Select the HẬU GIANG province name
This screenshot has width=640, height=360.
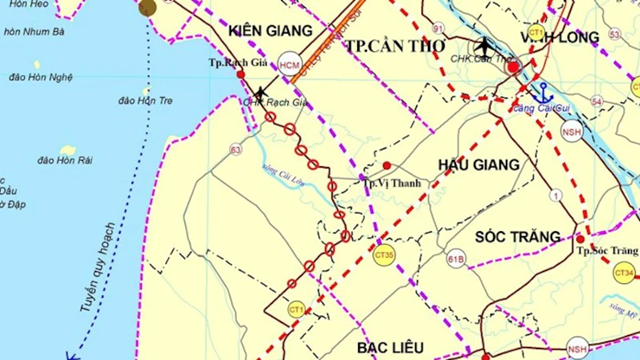479,164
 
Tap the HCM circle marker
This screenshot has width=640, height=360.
290,65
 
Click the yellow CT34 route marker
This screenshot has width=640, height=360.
624,272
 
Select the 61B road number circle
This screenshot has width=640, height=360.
457,260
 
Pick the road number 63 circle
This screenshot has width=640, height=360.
236,150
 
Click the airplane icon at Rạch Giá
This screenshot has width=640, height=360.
260,93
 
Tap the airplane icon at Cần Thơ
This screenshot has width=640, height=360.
485,45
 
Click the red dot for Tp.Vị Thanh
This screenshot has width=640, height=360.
387,166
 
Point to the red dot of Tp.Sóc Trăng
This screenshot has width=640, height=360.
580,238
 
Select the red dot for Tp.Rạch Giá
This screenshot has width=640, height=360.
241,74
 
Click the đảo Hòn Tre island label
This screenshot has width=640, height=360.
146,101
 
